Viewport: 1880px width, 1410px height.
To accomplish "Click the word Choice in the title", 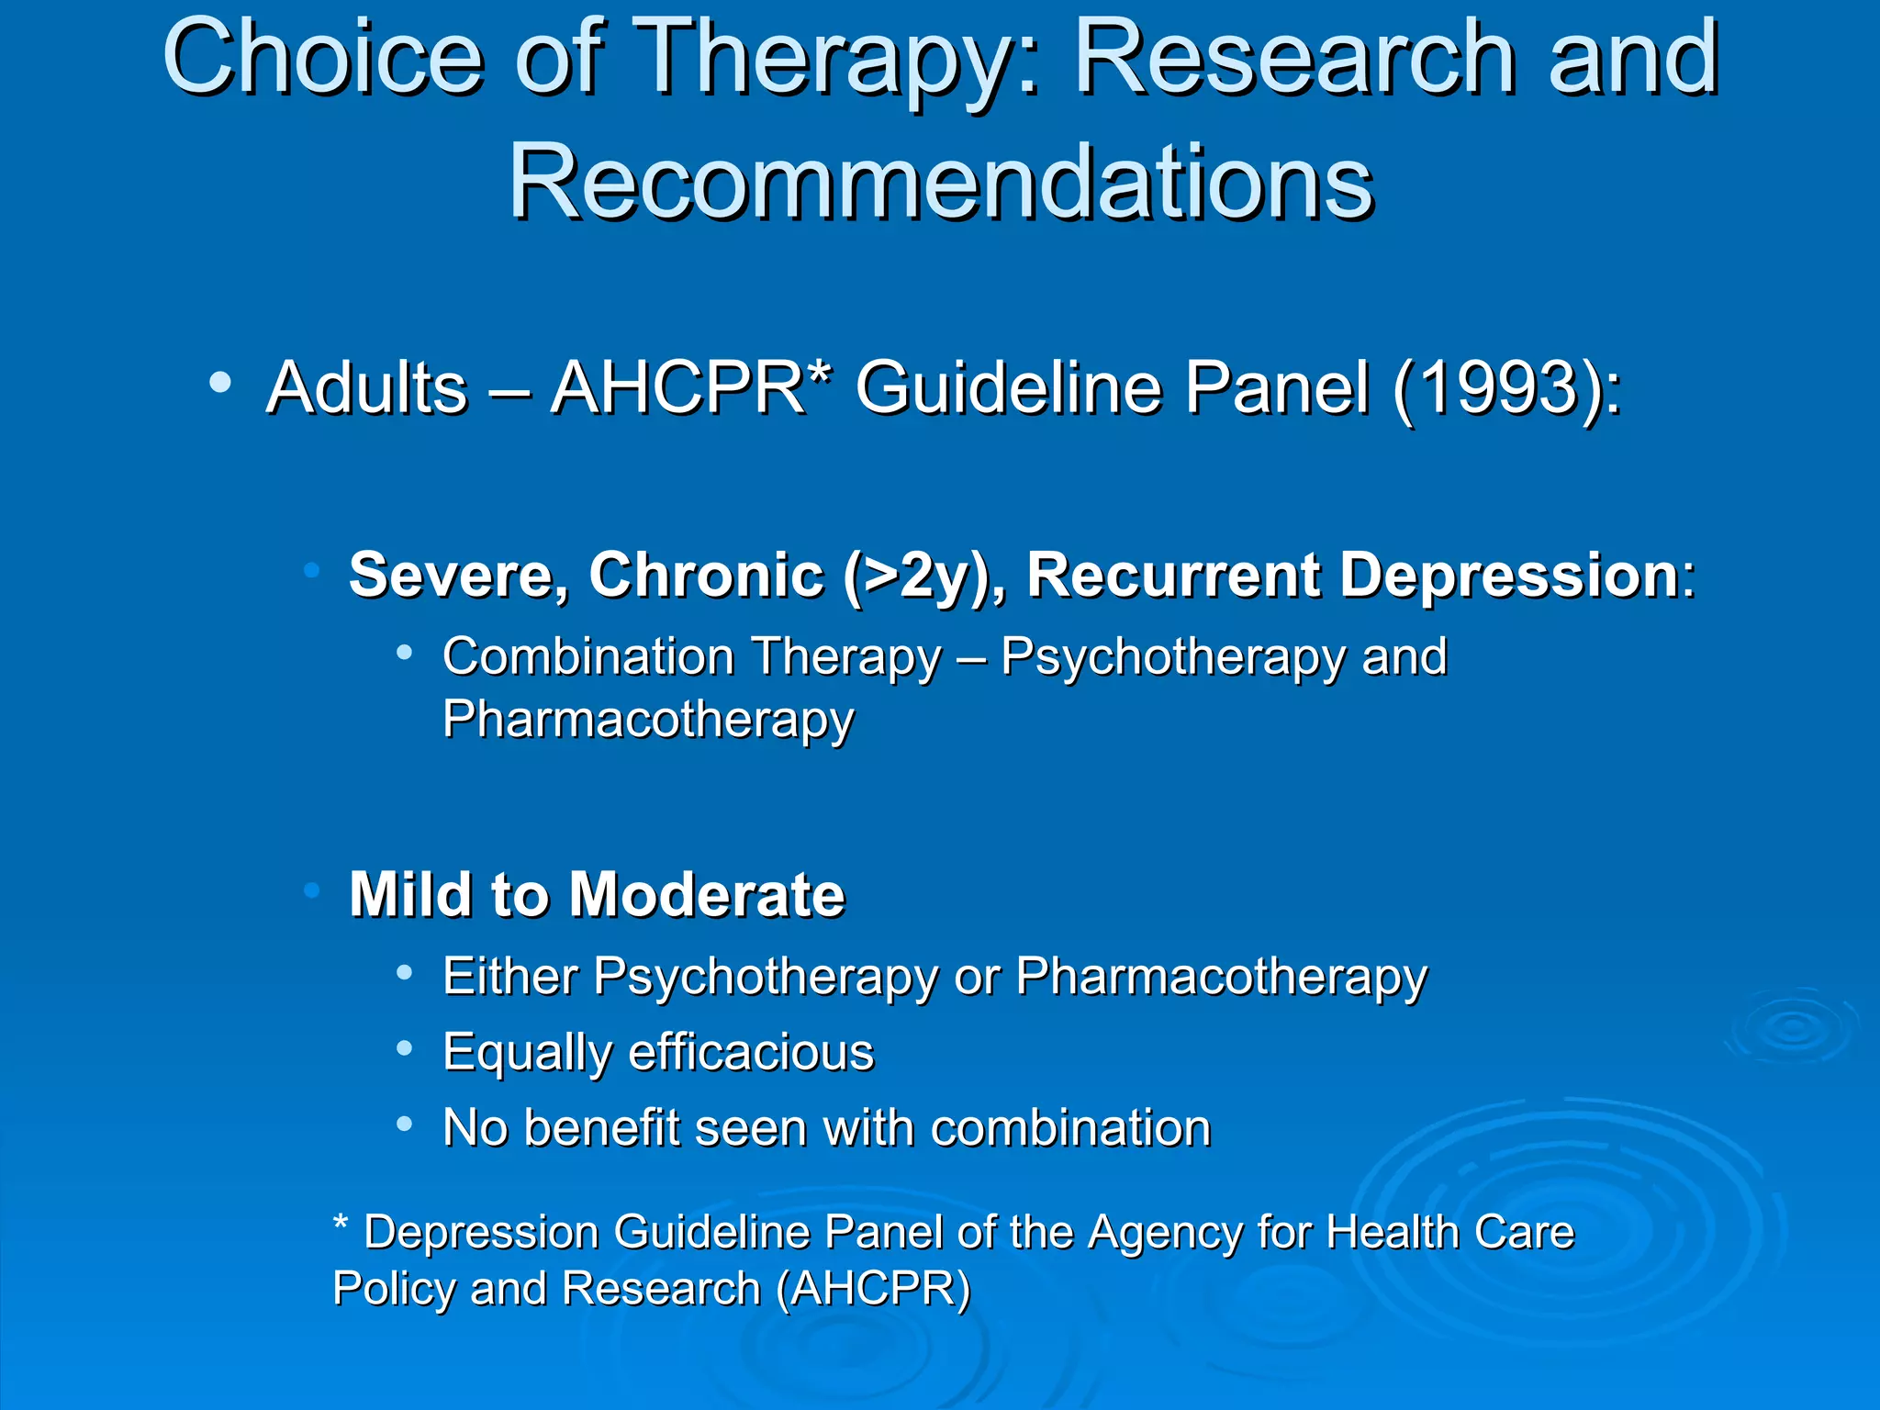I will [321, 60].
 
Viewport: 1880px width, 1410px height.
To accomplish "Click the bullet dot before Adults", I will [219, 383].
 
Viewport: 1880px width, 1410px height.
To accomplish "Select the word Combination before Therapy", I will [587, 657].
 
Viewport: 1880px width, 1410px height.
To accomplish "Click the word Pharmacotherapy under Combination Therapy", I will [648, 720].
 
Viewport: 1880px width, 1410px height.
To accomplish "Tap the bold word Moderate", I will [707, 894].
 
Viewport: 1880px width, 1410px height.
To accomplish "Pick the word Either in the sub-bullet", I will [509, 976].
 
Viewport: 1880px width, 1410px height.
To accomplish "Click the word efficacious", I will [751, 1052].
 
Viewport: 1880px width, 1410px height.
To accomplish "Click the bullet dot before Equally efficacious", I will [404, 1048].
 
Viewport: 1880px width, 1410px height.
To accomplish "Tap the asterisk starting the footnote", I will [341, 1224].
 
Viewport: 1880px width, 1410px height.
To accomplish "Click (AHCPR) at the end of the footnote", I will [873, 1289].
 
